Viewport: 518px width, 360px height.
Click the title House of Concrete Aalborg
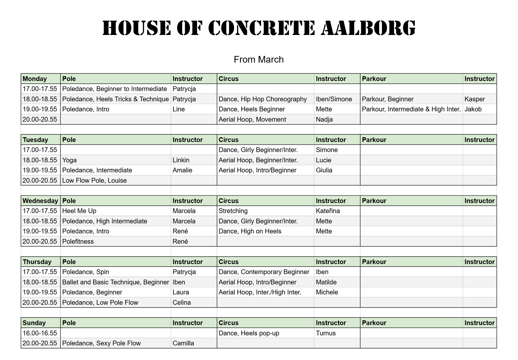click(259, 28)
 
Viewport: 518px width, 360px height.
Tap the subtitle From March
click(259, 60)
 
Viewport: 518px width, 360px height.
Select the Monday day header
click(35, 79)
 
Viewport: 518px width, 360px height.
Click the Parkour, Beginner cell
click(388, 99)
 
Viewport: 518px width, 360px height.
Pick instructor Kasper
click(474, 99)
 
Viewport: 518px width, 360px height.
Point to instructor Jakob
click(473, 109)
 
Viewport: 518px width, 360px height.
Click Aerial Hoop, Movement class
click(252, 120)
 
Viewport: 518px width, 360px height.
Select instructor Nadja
click(324, 120)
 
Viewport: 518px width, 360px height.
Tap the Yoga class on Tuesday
click(69, 160)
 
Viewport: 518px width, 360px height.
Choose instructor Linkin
click(181, 160)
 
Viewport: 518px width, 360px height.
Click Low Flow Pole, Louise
click(94, 180)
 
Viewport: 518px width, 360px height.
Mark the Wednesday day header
click(40, 201)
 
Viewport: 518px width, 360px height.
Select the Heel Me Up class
click(79, 211)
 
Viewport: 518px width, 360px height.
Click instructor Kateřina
click(328, 211)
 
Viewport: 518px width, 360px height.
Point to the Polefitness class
click(78, 241)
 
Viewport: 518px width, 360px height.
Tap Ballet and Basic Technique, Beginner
click(116, 282)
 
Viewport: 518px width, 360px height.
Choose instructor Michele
click(327, 292)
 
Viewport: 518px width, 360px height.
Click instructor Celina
click(181, 303)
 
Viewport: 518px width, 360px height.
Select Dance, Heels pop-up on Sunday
click(249, 333)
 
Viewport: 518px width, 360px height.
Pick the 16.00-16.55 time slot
click(40, 333)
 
